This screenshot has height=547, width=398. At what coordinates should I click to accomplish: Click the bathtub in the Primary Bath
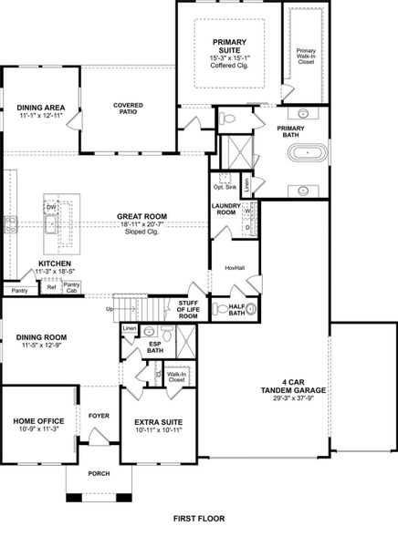click(x=308, y=153)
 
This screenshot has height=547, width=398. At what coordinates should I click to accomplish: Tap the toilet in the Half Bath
click(x=221, y=309)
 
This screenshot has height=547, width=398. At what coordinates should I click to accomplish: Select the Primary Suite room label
click(x=229, y=46)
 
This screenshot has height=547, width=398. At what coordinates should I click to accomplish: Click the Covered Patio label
click(x=128, y=108)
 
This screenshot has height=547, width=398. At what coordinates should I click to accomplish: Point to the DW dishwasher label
click(x=51, y=208)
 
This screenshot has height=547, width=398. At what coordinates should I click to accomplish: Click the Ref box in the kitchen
click(x=51, y=287)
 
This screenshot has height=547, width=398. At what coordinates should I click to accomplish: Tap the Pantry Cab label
click(x=71, y=287)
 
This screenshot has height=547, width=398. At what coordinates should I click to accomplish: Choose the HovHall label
click(x=235, y=268)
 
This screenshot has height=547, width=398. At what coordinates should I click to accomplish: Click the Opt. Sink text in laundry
click(x=225, y=187)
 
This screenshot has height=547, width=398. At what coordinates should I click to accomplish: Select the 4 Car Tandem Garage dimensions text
click(x=294, y=398)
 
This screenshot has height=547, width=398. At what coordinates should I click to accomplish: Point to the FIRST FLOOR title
click(x=199, y=519)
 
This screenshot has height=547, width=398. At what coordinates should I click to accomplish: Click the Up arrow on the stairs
click(x=126, y=309)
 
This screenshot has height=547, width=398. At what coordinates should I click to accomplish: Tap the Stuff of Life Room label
click(x=188, y=309)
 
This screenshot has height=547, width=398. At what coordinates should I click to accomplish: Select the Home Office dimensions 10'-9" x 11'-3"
click(x=38, y=429)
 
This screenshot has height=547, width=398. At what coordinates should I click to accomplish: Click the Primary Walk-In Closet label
click(x=306, y=57)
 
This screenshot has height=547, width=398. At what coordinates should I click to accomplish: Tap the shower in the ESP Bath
click(x=186, y=342)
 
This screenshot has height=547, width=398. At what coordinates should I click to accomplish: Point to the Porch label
click(x=99, y=473)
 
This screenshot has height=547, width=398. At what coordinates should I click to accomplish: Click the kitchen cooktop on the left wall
click(x=9, y=224)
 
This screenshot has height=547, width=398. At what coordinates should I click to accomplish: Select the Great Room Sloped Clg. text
click(x=141, y=232)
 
